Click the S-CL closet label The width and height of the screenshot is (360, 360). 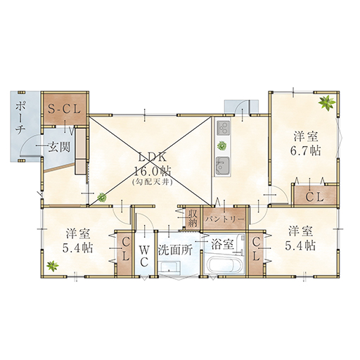(64, 109)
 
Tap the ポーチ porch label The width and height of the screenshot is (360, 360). (20, 118)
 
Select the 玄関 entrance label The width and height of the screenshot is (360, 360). (59, 147)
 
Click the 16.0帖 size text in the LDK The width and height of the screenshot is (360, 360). (152, 172)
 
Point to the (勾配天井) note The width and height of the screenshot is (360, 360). (153, 182)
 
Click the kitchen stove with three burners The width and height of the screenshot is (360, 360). (223, 128)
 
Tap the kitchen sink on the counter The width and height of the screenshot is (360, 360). (223, 166)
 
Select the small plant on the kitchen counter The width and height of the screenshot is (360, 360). (221, 146)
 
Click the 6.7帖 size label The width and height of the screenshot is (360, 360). (306, 150)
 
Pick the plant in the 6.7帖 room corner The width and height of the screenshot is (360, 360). (327, 103)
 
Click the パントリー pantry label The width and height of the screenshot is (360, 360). (225, 219)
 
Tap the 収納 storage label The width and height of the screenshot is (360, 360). (193, 218)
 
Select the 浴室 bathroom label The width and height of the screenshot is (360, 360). (222, 245)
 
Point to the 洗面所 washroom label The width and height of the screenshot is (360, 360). (175, 250)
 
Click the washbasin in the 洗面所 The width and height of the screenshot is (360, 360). (169, 268)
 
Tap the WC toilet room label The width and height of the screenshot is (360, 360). (145, 257)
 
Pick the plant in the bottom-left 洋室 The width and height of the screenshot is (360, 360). (53, 266)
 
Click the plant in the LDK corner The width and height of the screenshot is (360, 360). (102, 197)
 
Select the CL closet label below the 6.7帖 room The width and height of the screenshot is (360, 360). (315, 197)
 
